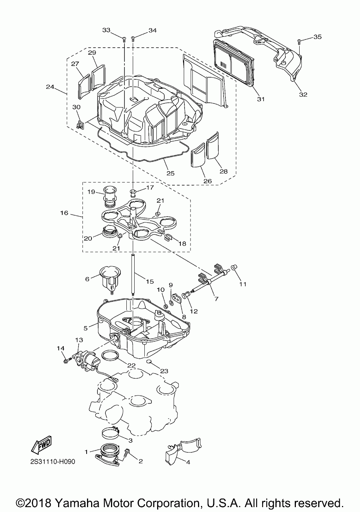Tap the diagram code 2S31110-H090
point(53,461)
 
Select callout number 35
point(317,37)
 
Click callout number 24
point(50,87)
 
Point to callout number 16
point(64,213)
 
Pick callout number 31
point(261,99)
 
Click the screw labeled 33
point(123,37)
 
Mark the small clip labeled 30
point(79,125)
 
